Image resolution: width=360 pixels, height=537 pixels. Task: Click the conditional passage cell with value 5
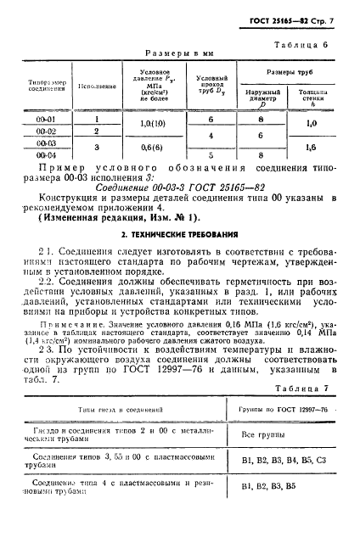click(x=210, y=155)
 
